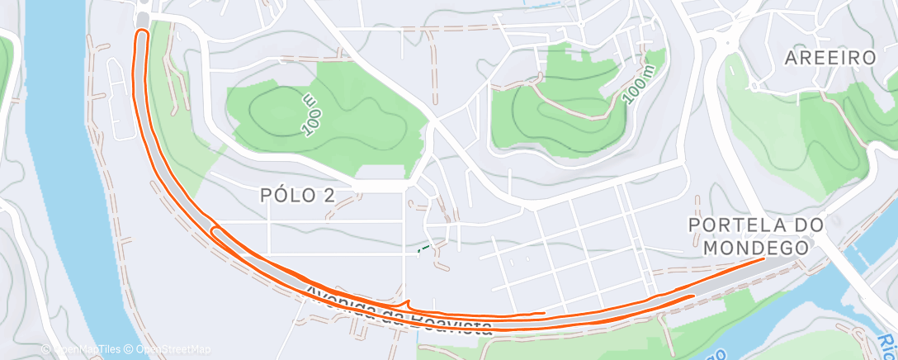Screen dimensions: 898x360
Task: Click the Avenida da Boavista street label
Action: [399, 310]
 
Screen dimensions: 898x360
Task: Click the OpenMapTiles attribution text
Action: [81, 350]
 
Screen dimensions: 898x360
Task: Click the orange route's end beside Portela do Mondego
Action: [763, 258]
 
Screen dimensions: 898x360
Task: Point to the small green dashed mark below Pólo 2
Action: [423, 248]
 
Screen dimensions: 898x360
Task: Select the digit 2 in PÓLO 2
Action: [350, 195]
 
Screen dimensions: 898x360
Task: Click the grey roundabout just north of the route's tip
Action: [144, 16]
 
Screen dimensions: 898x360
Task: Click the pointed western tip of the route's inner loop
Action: [213, 230]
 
